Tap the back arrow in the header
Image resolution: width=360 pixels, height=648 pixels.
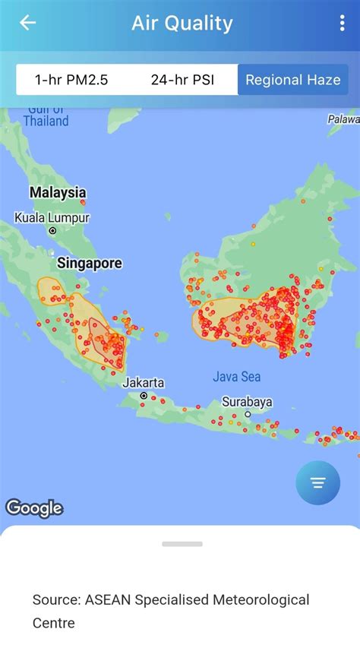pos(28,23)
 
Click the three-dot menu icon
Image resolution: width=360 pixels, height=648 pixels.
pos(343,23)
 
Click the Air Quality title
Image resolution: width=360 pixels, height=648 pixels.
pos(182,23)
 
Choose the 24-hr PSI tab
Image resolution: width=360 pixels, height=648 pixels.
pos(177,80)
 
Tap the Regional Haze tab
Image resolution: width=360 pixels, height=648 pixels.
pos(292,80)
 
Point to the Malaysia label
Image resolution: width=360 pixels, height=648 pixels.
pos(58,192)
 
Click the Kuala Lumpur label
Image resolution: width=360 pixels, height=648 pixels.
pos(52,218)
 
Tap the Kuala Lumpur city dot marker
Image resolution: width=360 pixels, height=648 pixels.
pos(52,231)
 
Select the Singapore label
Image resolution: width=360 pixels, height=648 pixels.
pos(90,264)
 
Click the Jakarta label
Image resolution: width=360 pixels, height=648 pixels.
pos(144,382)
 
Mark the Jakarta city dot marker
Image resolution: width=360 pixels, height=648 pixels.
pos(144,396)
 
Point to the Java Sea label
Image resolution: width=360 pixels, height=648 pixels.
pos(237,377)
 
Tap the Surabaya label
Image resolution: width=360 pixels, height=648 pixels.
pos(247,402)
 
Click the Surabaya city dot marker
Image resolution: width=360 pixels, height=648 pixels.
pos(248,414)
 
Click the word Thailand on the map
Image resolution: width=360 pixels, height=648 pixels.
pos(46,121)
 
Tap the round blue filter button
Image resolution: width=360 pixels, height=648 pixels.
pos(317,483)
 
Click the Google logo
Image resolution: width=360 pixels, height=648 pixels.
pos(34,507)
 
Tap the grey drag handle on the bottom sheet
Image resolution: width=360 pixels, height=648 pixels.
pos(182,544)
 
